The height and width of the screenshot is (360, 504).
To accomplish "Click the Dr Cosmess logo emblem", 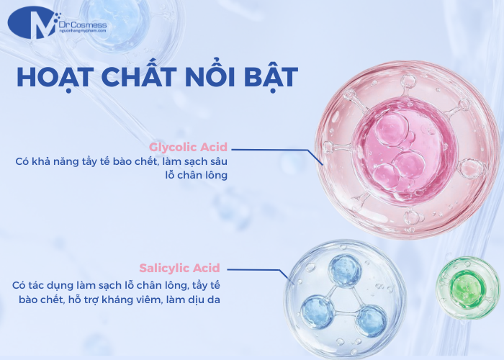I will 32,24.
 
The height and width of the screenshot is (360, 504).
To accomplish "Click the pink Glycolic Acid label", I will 188,148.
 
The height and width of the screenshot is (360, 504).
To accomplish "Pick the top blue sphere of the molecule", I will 345,271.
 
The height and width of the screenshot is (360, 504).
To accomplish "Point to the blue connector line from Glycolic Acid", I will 274,150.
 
